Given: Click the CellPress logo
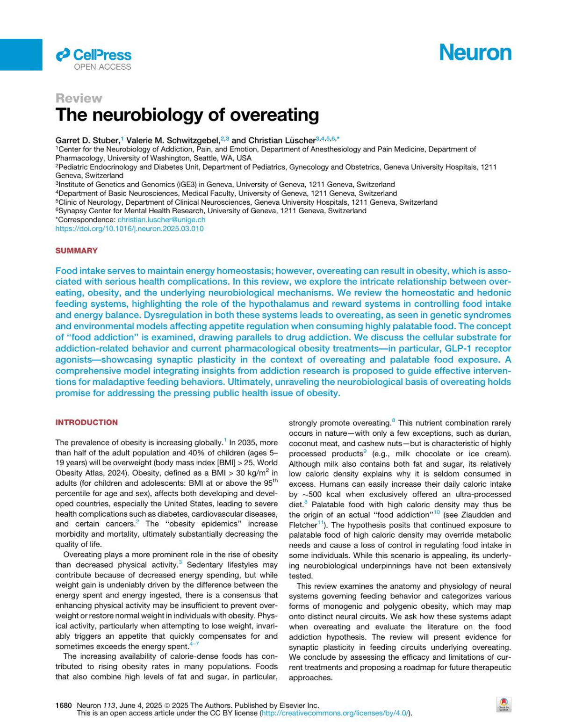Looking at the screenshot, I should [x=94, y=55].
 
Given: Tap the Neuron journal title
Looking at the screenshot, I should [x=475, y=52].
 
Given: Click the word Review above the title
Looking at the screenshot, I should [x=79, y=98].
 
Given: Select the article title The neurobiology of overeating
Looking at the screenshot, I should [x=187, y=115].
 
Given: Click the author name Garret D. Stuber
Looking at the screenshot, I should [x=87, y=140].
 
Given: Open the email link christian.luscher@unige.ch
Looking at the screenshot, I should [x=161, y=220].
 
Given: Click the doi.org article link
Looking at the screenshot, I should [x=129, y=229].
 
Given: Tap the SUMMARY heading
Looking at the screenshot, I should [x=76, y=251].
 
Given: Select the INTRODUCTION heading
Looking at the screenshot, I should [x=86, y=422].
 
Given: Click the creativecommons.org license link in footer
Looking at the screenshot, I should [x=336, y=713].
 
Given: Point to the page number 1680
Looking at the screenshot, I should [x=64, y=705].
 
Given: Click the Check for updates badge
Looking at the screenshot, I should [x=503, y=704].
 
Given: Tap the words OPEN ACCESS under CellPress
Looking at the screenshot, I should [x=102, y=67].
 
